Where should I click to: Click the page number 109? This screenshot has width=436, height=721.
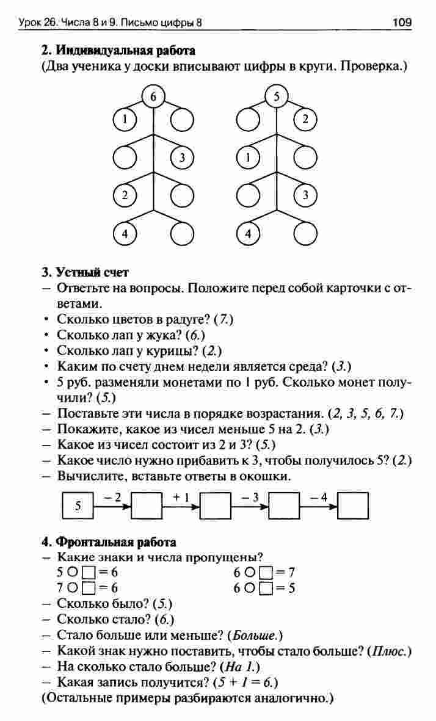402,24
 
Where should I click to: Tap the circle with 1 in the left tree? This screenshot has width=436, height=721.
125,120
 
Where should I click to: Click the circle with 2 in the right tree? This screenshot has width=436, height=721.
305,120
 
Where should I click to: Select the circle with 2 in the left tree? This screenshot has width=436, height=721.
125,196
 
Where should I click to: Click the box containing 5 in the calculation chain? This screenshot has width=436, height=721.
78,505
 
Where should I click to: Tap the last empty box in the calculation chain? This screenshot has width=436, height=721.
354,505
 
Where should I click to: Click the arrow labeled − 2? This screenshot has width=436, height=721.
112,505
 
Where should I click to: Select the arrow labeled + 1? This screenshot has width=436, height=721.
181,505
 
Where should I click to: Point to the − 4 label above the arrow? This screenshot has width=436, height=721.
319,497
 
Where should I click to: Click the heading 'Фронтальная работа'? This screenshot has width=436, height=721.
116,542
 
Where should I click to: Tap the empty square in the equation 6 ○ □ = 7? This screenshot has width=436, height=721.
265,573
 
